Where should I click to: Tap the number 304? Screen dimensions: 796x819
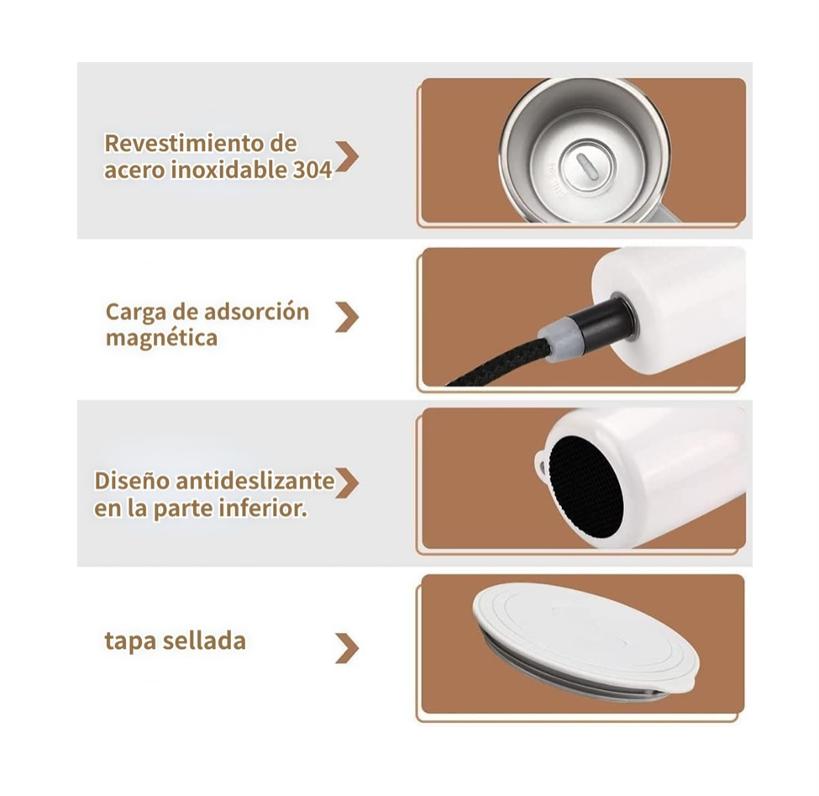(x=312, y=170)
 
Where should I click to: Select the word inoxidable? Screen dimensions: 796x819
(x=229, y=170)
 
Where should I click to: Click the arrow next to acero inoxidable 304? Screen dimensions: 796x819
(x=347, y=157)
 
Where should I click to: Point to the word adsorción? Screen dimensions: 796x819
(x=257, y=313)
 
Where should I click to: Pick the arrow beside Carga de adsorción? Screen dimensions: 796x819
(x=347, y=317)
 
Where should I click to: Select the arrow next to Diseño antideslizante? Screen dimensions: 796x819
(x=347, y=482)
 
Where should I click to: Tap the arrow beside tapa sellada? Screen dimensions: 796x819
(x=347, y=648)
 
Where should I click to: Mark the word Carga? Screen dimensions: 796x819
(x=135, y=313)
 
